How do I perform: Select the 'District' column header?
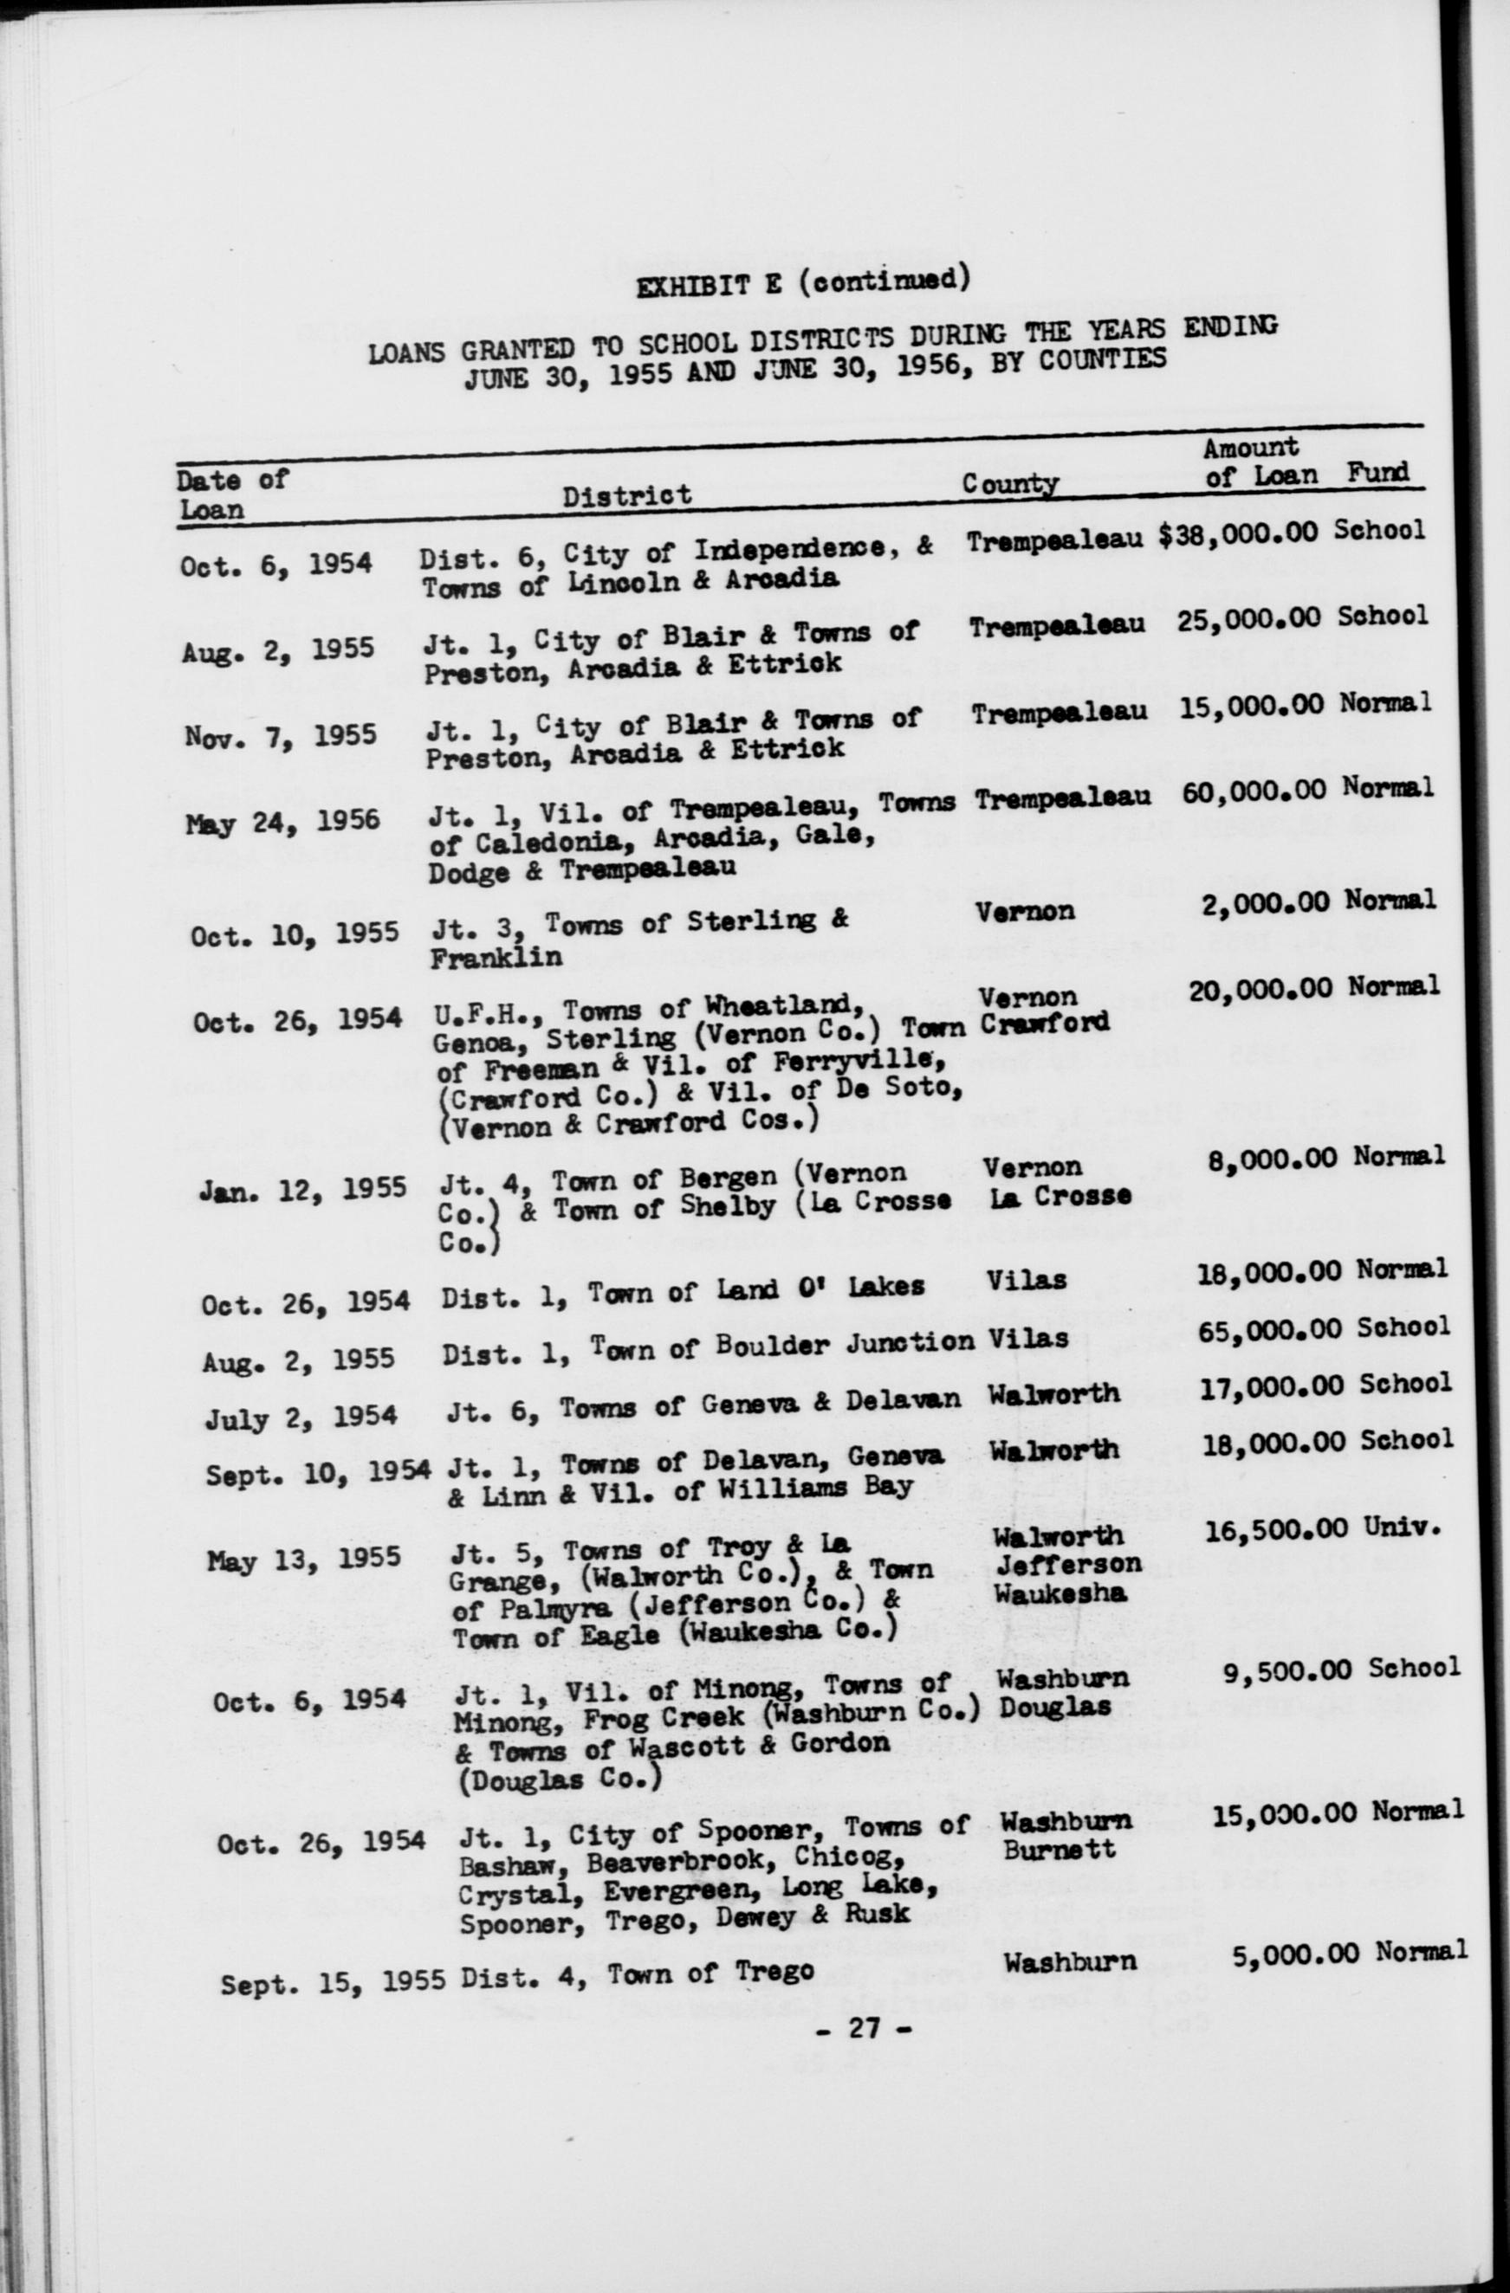pyautogui.click(x=627, y=495)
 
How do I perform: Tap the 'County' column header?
pyautogui.click(x=1010, y=485)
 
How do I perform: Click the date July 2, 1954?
pyautogui.click(x=300, y=1418)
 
